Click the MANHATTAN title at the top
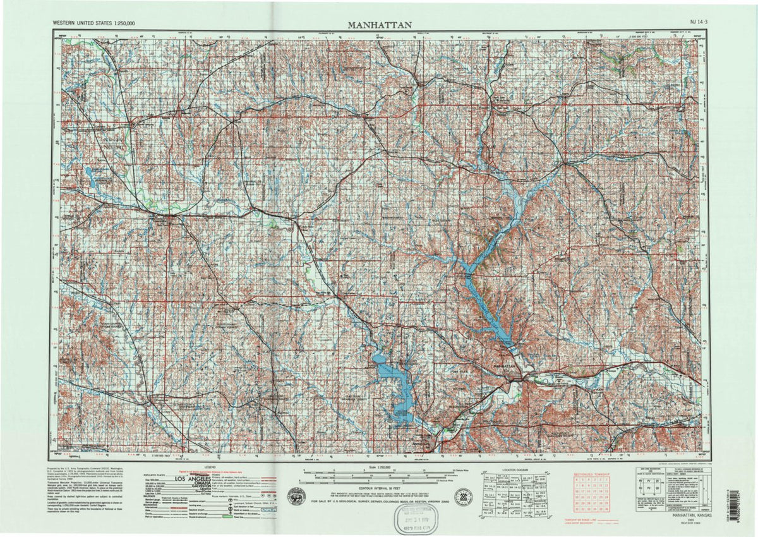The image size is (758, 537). click(380, 25)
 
